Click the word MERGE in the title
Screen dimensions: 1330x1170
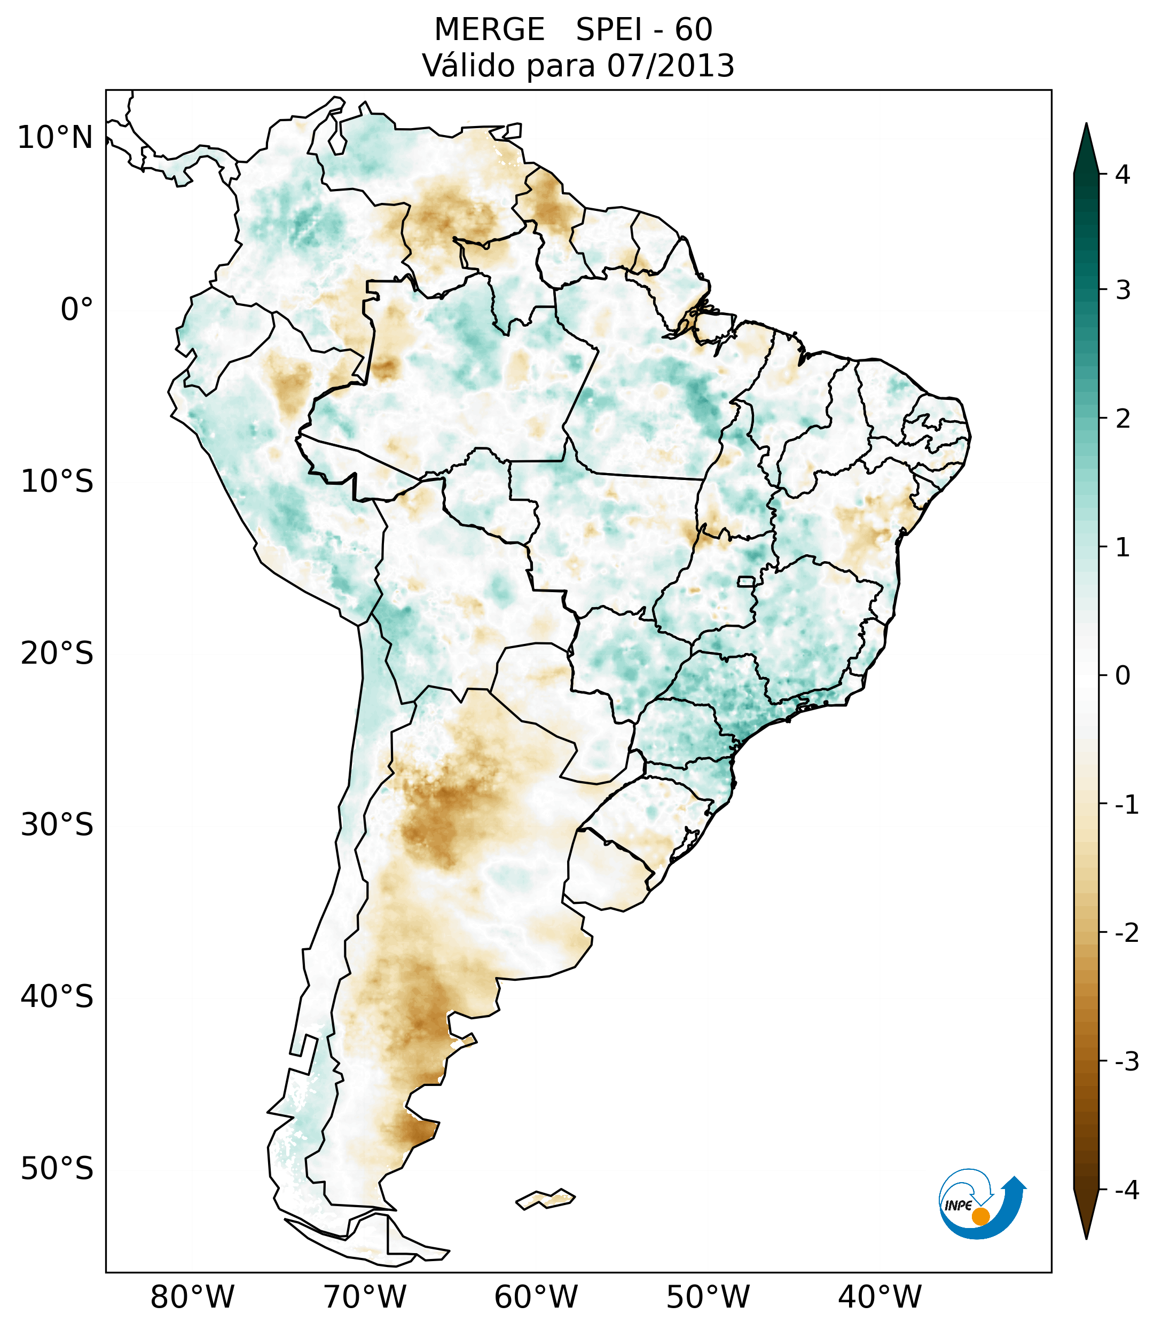[489, 30]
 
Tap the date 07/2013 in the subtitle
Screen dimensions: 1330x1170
[671, 66]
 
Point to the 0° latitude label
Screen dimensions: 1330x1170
[77, 310]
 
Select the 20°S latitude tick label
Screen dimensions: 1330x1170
[57, 654]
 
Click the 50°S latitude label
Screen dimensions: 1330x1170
[57, 1169]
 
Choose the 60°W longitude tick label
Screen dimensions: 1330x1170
[536, 1297]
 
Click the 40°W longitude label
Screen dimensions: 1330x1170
[880, 1297]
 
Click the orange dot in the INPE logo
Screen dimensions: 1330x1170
[980, 1216]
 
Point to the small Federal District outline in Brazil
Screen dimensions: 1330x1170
[747, 581]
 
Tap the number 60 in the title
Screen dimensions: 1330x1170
[694, 30]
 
